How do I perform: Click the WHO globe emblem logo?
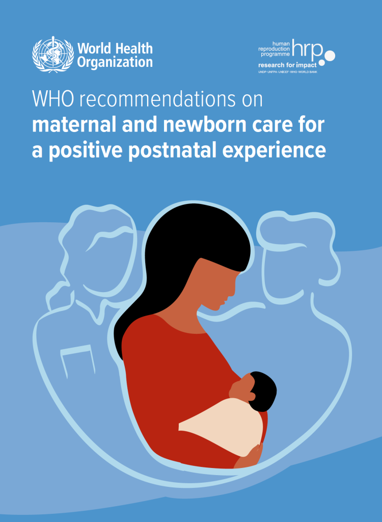coord(53,54)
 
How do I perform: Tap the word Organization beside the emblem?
coord(115,63)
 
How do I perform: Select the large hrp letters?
coord(308,48)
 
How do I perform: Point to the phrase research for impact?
coord(287,65)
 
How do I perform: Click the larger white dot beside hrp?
coord(330,55)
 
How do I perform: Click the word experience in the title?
coord(274,151)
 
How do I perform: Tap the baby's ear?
coord(252,396)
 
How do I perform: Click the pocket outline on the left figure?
coord(77,361)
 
